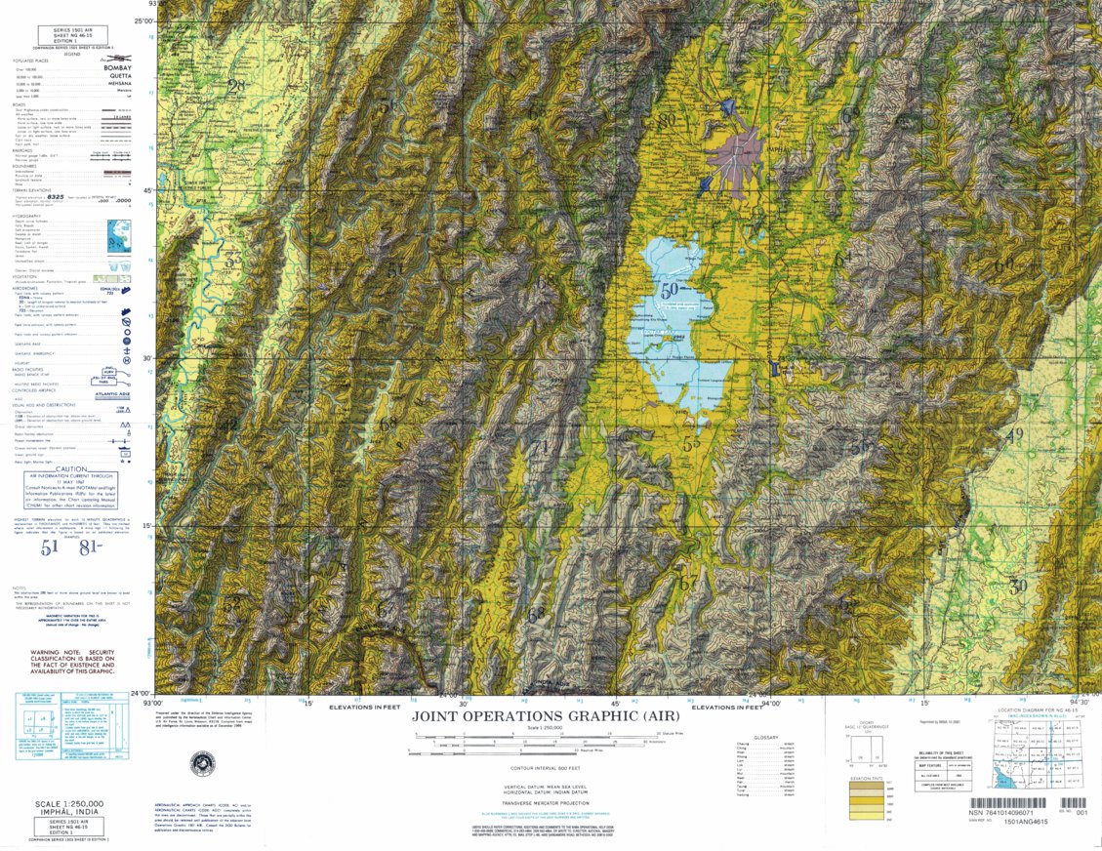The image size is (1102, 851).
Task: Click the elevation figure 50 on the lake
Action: [x=670, y=290]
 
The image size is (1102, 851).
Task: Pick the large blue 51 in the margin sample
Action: [x=49, y=547]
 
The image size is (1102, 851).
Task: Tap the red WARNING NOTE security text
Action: [x=73, y=661]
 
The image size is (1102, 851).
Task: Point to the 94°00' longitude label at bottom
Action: [x=770, y=702]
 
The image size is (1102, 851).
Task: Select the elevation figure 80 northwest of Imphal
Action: [x=667, y=121]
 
